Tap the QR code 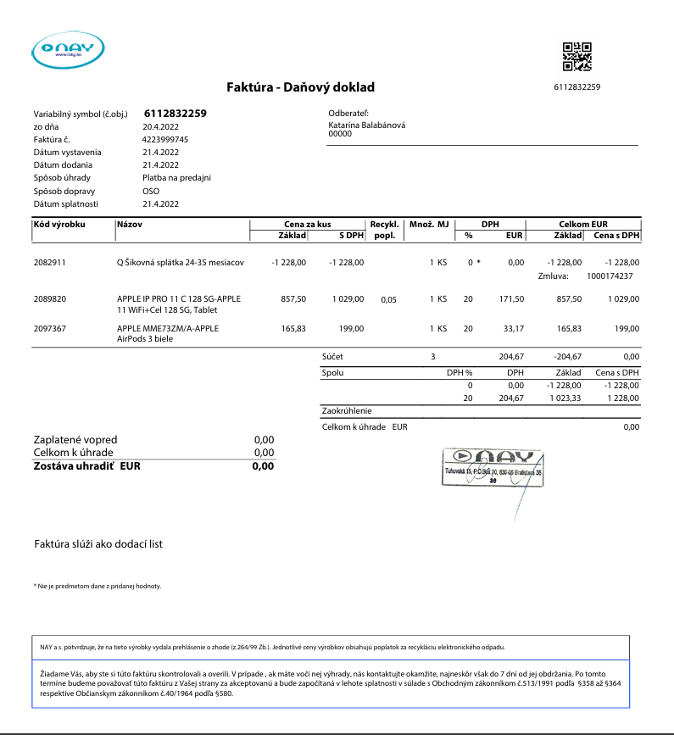(577, 56)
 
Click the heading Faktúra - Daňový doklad (300, 87)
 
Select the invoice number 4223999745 (165, 139)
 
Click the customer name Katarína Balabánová (366, 125)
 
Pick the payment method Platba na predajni (176, 178)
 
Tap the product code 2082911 (49, 263)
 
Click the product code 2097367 (49, 328)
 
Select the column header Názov (129, 224)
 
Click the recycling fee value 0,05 (389, 300)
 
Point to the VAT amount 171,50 (512, 299)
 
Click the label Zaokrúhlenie (348, 411)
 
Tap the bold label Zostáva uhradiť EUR (86, 465)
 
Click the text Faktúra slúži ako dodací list (98, 544)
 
